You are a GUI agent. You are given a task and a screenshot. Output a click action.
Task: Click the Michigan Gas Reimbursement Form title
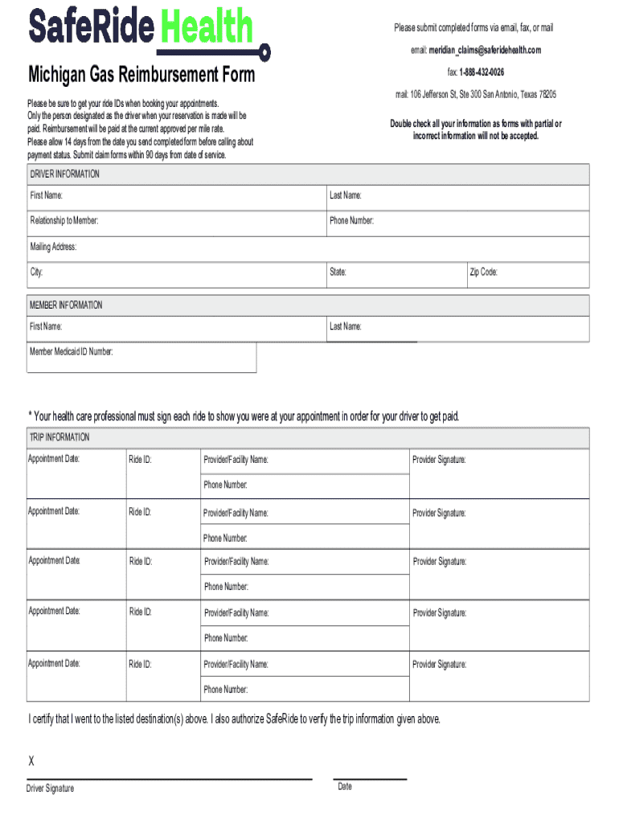tap(141, 76)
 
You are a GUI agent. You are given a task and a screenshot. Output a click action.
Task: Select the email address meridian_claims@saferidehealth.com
tap(484, 50)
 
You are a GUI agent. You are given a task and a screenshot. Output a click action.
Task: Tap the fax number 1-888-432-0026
tap(482, 72)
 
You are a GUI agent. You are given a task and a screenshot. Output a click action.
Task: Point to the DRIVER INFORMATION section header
tap(65, 174)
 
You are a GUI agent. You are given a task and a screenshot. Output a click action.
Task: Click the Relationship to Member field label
tap(65, 220)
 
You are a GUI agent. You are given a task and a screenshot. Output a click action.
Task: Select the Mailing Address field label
tap(53, 247)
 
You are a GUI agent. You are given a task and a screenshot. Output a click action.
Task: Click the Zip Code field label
tap(483, 272)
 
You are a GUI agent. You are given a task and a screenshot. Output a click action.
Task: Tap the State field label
tap(338, 272)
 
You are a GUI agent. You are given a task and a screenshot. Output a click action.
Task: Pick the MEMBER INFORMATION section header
tap(66, 305)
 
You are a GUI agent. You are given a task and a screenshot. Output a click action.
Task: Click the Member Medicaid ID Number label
tap(72, 351)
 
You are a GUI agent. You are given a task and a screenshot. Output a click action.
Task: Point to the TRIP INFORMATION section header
tap(59, 437)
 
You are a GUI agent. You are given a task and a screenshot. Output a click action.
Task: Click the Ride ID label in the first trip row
tap(140, 461)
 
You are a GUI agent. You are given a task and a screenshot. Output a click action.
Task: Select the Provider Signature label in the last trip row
tap(439, 665)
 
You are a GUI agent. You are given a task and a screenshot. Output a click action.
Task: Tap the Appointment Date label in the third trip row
tap(54, 560)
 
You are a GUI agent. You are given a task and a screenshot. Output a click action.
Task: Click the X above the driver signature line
tap(32, 761)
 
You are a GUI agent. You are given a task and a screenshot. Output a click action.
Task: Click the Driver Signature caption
tap(51, 788)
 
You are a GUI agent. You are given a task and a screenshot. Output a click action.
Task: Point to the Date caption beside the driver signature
tap(345, 787)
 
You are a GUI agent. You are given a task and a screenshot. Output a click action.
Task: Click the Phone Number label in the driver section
tap(351, 220)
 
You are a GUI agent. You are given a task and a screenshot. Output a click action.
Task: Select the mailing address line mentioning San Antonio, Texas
tap(475, 95)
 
